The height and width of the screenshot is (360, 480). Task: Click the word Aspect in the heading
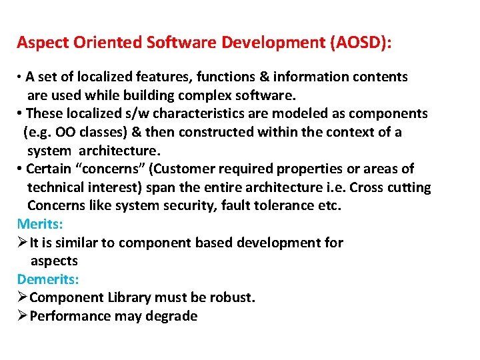(x=39, y=43)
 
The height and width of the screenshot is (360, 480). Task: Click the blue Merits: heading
(x=40, y=223)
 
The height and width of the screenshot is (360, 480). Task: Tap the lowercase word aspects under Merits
(x=54, y=261)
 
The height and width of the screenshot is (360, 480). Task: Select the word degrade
(x=173, y=316)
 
